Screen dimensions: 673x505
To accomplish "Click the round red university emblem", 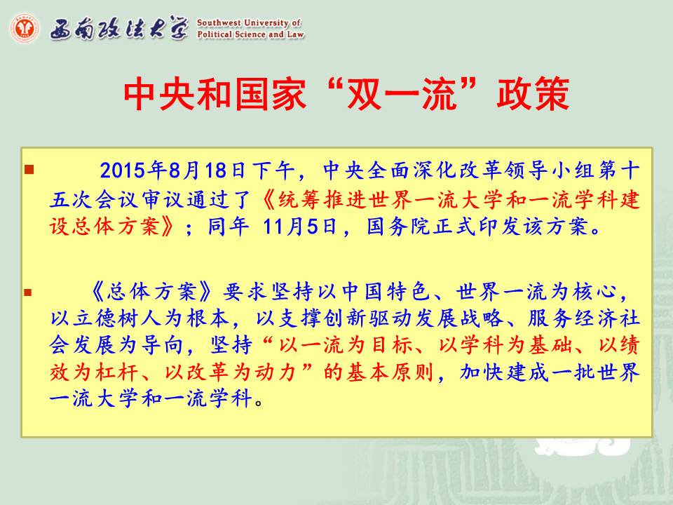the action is [x=25, y=28].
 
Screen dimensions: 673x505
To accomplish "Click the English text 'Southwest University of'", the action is [x=249, y=22].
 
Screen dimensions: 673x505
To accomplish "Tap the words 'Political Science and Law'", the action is [x=251, y=34].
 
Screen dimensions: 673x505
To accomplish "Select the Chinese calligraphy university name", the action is [x=119, y=29].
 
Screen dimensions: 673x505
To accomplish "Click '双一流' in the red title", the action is [x=401, y=93].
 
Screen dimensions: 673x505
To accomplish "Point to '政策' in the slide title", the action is [x=533, y=93].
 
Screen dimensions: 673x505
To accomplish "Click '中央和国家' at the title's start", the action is [x=215, y=93].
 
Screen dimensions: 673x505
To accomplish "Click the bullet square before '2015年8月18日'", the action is [x=29, y=170].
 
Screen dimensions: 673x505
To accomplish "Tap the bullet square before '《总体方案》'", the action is [x=28, y=293].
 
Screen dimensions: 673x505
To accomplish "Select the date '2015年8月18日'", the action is [x=172, y=170].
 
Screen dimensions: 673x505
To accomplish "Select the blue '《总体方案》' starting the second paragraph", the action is [x=152, y=292].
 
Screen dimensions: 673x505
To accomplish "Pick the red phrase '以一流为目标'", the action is [x=345, y=345].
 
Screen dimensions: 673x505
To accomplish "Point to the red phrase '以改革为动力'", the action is [x=230, y=372].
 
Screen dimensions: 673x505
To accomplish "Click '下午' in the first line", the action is [x=273, y=170].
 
